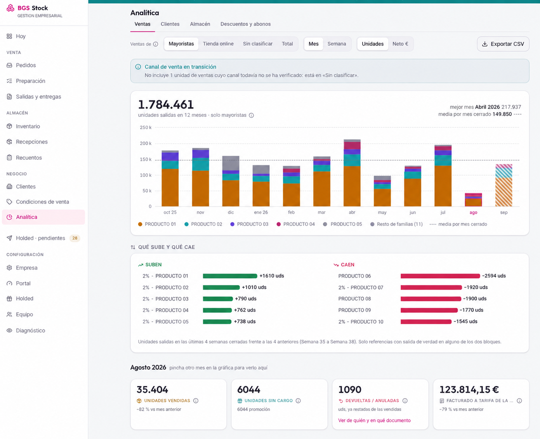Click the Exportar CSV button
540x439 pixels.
(x=503, y=44)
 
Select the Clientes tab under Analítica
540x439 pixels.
(x=170, y=24)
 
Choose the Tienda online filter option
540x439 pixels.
(x=218, y=44)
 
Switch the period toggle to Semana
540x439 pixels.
(x=337, y=44)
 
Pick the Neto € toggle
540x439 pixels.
(x=400, y=44)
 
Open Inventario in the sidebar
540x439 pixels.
(x=28, y=126)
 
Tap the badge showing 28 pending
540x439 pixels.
(x=75, y=238)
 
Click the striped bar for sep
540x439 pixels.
(x=504, y=185)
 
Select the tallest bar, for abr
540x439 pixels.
(x=352, y=173)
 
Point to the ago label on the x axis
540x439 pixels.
(x=473, y=212)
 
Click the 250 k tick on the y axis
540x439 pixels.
(x=146, y=127)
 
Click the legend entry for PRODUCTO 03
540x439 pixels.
(x=249, y=224)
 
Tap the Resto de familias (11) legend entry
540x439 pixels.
(x=396, y=224)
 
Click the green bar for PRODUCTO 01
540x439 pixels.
(x=230, y=276)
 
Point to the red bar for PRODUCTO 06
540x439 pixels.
(x=440, y=276)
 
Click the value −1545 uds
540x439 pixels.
(x=465, y=321)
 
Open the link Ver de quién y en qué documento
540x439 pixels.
(x=374, y=420)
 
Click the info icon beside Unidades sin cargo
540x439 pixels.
(x=298, y=401)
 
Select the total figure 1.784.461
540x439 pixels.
(x=166, y=104)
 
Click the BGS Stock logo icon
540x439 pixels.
(x=10, y=8)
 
